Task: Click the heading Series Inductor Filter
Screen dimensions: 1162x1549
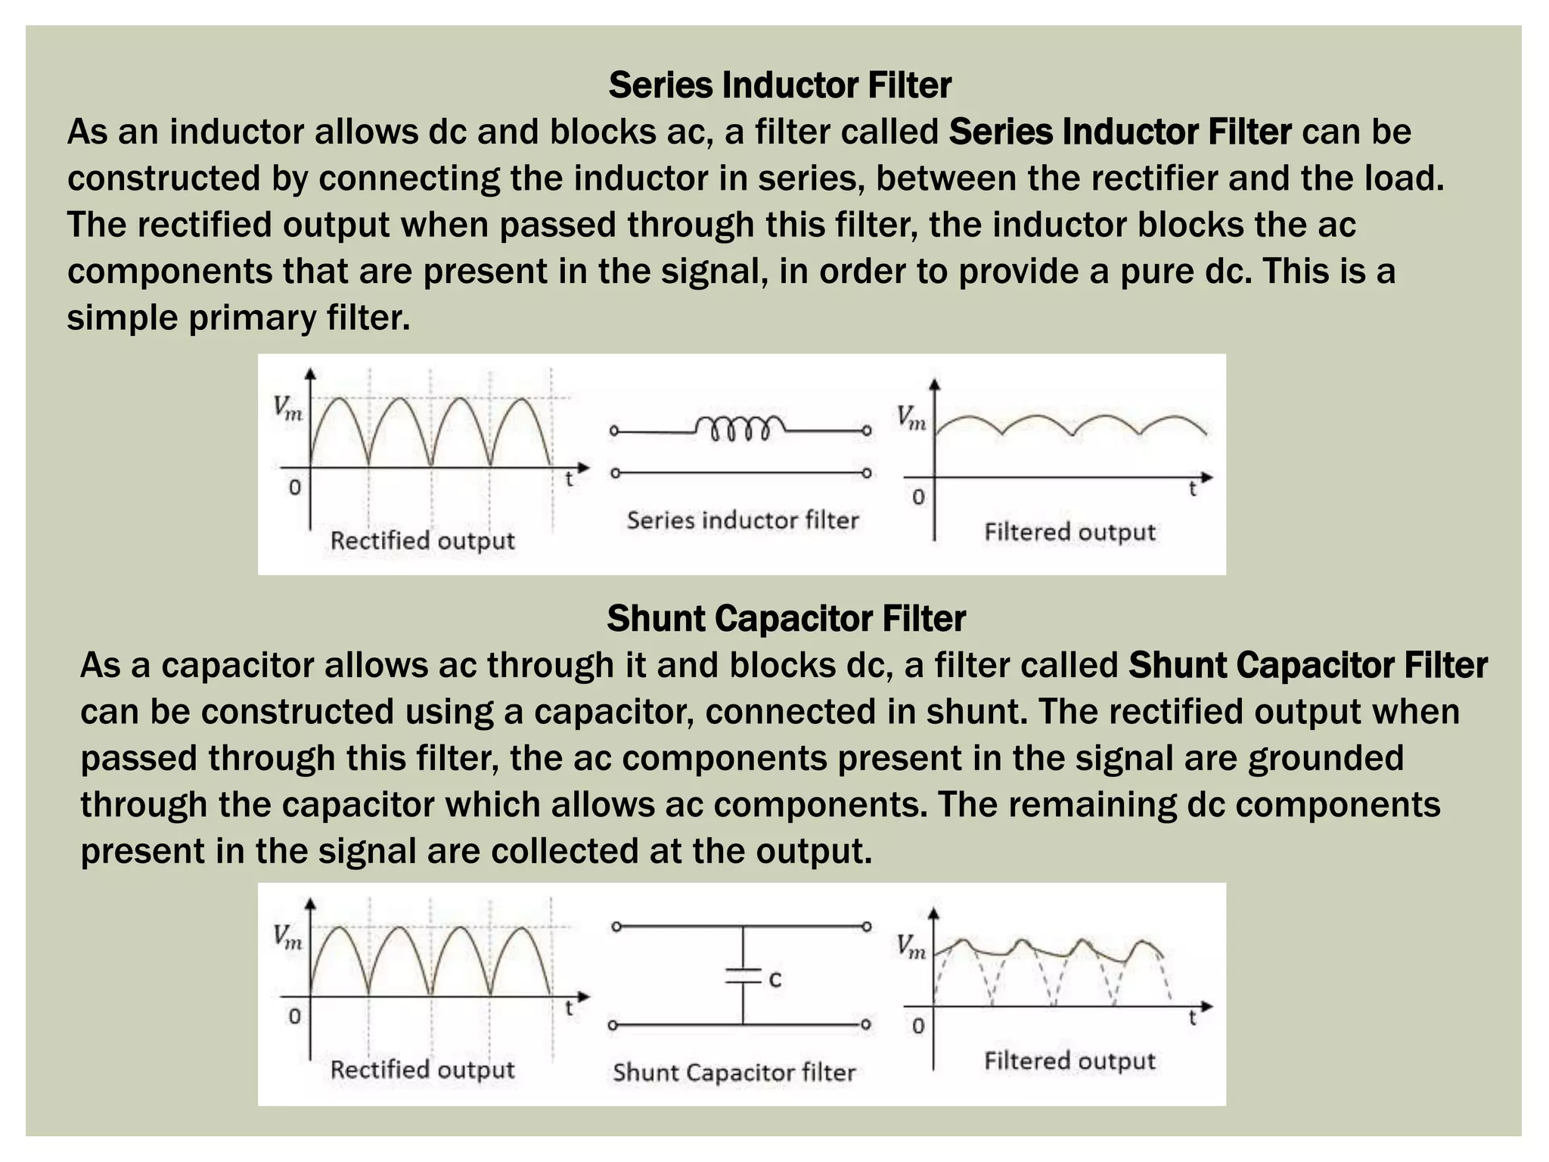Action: click(x=780, y=85)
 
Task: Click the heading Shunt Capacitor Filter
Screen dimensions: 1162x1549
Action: click(x=786, y=618)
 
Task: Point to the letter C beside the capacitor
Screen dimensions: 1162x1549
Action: click(x=775, y=980)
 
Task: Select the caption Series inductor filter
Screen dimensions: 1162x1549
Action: click(x=743, y=520)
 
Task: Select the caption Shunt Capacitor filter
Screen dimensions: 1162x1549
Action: click(x=734, y=1072)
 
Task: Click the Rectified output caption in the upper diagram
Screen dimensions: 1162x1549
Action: click(x=422, y=540)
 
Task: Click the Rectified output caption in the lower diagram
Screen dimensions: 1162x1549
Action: click(x=422, y=1069)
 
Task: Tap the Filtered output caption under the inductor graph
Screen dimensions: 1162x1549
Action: click(x=1069, y=532)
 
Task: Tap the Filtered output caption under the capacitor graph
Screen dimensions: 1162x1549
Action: click(x=1069, y=1061)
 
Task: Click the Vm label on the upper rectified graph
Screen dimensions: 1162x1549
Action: click(x=288, y=409)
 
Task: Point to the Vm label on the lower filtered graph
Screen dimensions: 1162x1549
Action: click(x=911, y=946)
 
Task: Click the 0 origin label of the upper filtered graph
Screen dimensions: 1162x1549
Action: click(x=918, y=497)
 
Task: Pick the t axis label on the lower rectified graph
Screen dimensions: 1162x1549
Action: click(x=570, y=1008)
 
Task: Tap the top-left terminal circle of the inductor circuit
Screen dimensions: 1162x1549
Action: click(x=614, y=431)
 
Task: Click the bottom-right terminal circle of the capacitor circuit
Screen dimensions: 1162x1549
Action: click(x=867, y=1025)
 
